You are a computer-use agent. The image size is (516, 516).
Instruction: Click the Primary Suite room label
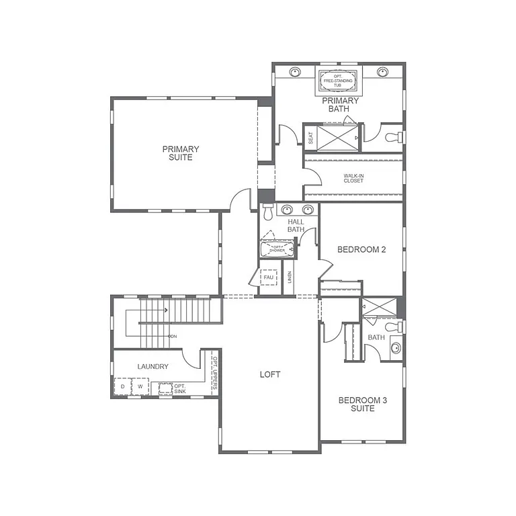(x=180, y=153)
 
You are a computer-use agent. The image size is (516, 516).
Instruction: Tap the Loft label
(x=270, y=374)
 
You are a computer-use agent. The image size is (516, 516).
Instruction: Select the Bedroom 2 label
(x=361, y=250)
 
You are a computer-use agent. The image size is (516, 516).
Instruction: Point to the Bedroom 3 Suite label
(x=362, y=404)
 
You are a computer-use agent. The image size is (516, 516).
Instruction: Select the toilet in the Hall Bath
(x=268, y=213)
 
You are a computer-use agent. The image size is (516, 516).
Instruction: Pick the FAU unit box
(x=269, y=277)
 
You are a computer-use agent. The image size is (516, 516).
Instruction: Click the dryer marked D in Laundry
(x=122, y=387)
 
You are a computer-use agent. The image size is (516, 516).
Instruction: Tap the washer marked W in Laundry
(x=140, y=387)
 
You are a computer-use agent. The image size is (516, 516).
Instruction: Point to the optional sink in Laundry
(x=166, y=388)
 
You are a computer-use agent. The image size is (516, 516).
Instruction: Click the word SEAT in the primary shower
(x=310, y=137)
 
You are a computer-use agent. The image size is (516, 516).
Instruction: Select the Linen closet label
(x=290, y=276)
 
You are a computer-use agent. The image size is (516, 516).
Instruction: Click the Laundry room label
(x=153, y=366)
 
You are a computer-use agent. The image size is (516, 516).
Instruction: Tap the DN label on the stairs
(x=172, y=336)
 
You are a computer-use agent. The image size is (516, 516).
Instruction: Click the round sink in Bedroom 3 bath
(x=396, y=348)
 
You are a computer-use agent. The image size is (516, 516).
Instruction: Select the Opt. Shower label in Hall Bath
(x=277, y=249)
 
